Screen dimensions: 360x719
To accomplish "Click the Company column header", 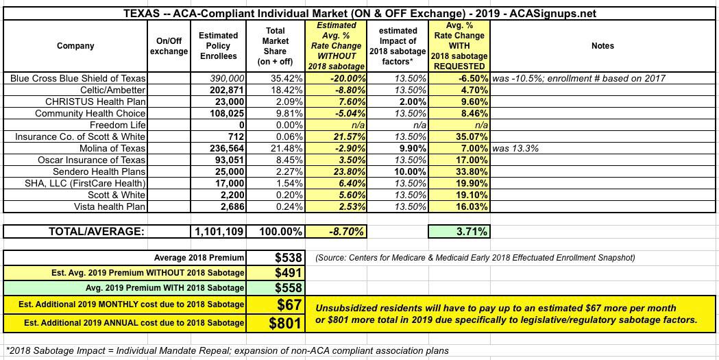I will coord(76,46).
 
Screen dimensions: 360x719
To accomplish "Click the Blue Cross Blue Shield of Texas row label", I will coord(78,78).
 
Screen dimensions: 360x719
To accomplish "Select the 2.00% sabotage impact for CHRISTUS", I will coord(412,101).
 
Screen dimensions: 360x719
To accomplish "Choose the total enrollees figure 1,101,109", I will coord(218,232).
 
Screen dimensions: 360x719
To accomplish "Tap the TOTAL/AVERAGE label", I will coord(95,232).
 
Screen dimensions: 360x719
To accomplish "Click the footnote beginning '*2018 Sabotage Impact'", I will coord(226,351).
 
